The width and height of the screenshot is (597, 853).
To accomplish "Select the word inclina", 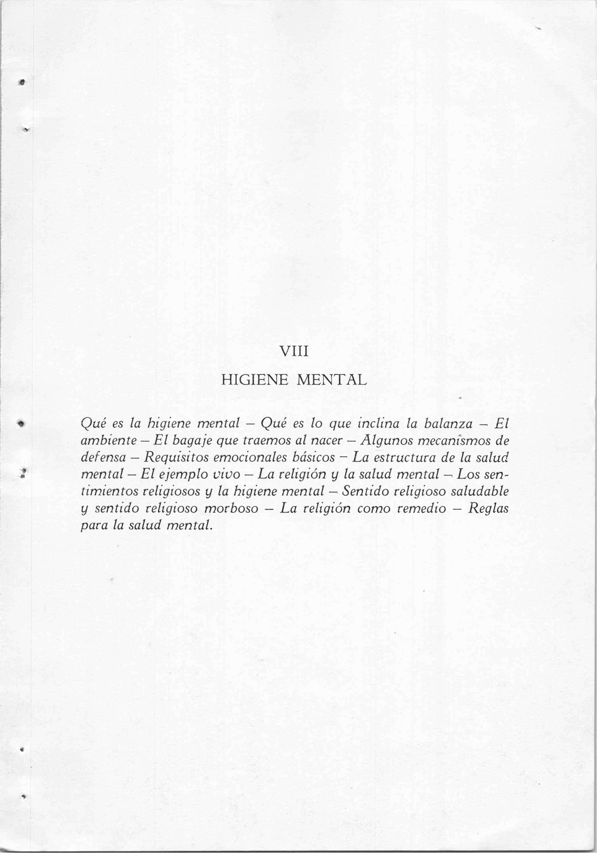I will point(375,423).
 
